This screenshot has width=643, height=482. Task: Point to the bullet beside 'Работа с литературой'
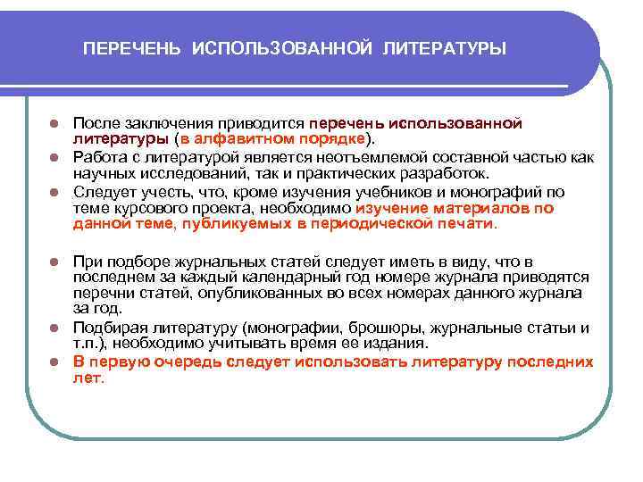pos(54,158)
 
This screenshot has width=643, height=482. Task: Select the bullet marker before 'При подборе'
pos(54,262)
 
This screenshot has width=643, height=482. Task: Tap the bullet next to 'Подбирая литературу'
pos(54,328)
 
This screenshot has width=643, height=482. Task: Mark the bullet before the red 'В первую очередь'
pos(54,363)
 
